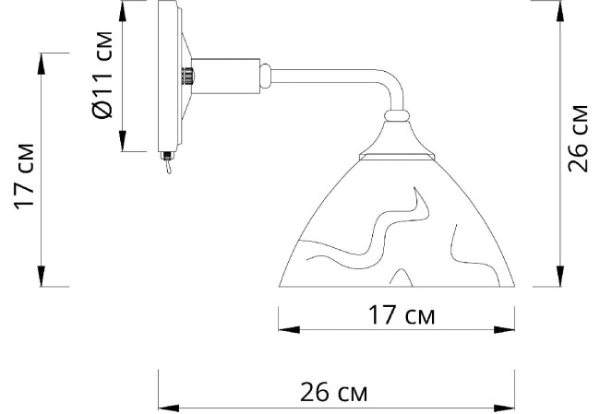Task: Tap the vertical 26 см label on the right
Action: pyautogui.click(x=579, y=138)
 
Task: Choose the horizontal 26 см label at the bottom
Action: pyautogui.click(x=334, y=394)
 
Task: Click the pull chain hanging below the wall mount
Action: pyautogui.click(x=168, y=169)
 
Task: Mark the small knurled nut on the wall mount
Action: pyautogui.click(x=188, y=73)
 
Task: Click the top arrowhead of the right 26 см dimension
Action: pyautogui.click(x=559, y=9)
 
